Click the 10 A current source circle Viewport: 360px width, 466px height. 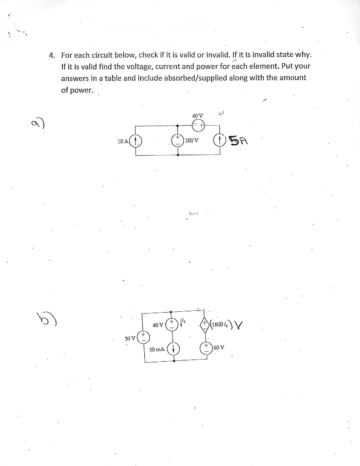(x=136, y=140)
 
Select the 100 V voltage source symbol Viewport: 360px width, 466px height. (x=177, y=140)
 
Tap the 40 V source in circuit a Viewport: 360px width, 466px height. (x=198, y=124)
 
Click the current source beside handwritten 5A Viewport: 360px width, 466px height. (x=219, y=140)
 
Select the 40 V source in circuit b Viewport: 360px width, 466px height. (x=171, y=325)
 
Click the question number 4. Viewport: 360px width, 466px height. (x=52, y=56)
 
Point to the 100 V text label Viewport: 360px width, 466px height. (x=192, y=140)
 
